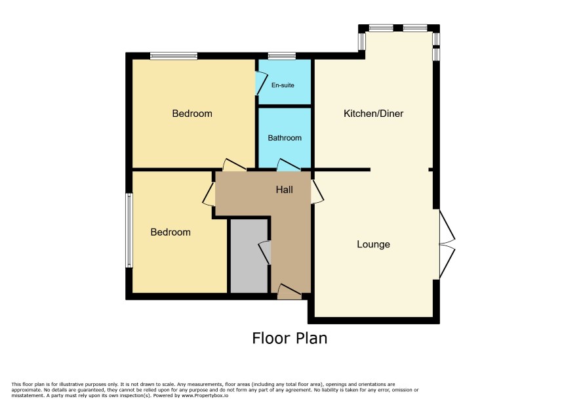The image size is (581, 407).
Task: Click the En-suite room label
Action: click(283, 85)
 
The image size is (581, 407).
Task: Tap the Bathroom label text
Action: click(285, 138)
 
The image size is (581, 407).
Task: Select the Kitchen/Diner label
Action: click(374, 114)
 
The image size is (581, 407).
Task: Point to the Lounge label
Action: click(374, 244)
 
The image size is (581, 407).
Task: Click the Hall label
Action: click(284, 190)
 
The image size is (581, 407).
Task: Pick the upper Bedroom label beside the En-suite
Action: click(192, 114)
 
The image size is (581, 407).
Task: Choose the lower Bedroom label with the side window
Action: click(170, 232)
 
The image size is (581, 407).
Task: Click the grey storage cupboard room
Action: click(249, 256)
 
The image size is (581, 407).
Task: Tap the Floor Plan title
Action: click(290, 338)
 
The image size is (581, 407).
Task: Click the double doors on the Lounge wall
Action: click(447, 244)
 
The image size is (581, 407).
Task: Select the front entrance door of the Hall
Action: click(289, 291)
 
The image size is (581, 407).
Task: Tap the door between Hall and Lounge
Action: click(317, 192)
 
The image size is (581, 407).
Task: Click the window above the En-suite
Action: click(282, 56)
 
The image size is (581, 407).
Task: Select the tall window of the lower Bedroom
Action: click(129, 230)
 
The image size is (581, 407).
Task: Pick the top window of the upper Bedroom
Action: click(174, 56)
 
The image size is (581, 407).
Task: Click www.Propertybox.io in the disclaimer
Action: click(205, 395)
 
